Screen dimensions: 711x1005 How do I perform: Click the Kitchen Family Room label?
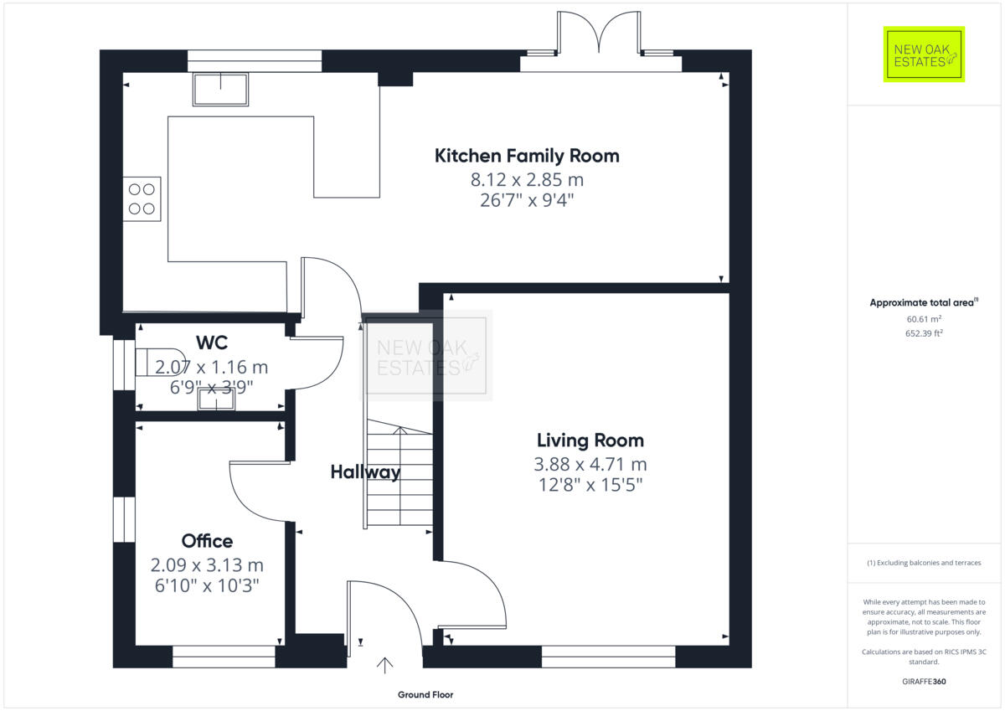(527, 156)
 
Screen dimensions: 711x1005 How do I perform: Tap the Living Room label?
(590, 441)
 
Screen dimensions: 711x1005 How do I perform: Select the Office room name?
(207, 541)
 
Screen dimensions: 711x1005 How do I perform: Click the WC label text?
(212, 343)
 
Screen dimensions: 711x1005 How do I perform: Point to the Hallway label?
(364, 472)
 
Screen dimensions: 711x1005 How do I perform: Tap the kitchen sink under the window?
(221, 89)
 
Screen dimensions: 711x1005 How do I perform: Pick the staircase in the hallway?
(399, 477)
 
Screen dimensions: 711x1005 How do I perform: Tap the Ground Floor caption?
(425, 695)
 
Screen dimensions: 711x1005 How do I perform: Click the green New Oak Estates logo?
(924, 54)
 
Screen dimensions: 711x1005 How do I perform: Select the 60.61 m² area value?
(924, 319)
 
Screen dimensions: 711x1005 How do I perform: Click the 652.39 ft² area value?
(924, 333)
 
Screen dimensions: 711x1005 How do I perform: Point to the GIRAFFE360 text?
(924, 682)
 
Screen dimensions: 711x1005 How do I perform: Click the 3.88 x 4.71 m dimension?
(590, 464)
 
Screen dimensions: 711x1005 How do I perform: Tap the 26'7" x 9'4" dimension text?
(527, 200)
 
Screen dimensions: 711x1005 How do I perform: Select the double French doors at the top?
(599, 38)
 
